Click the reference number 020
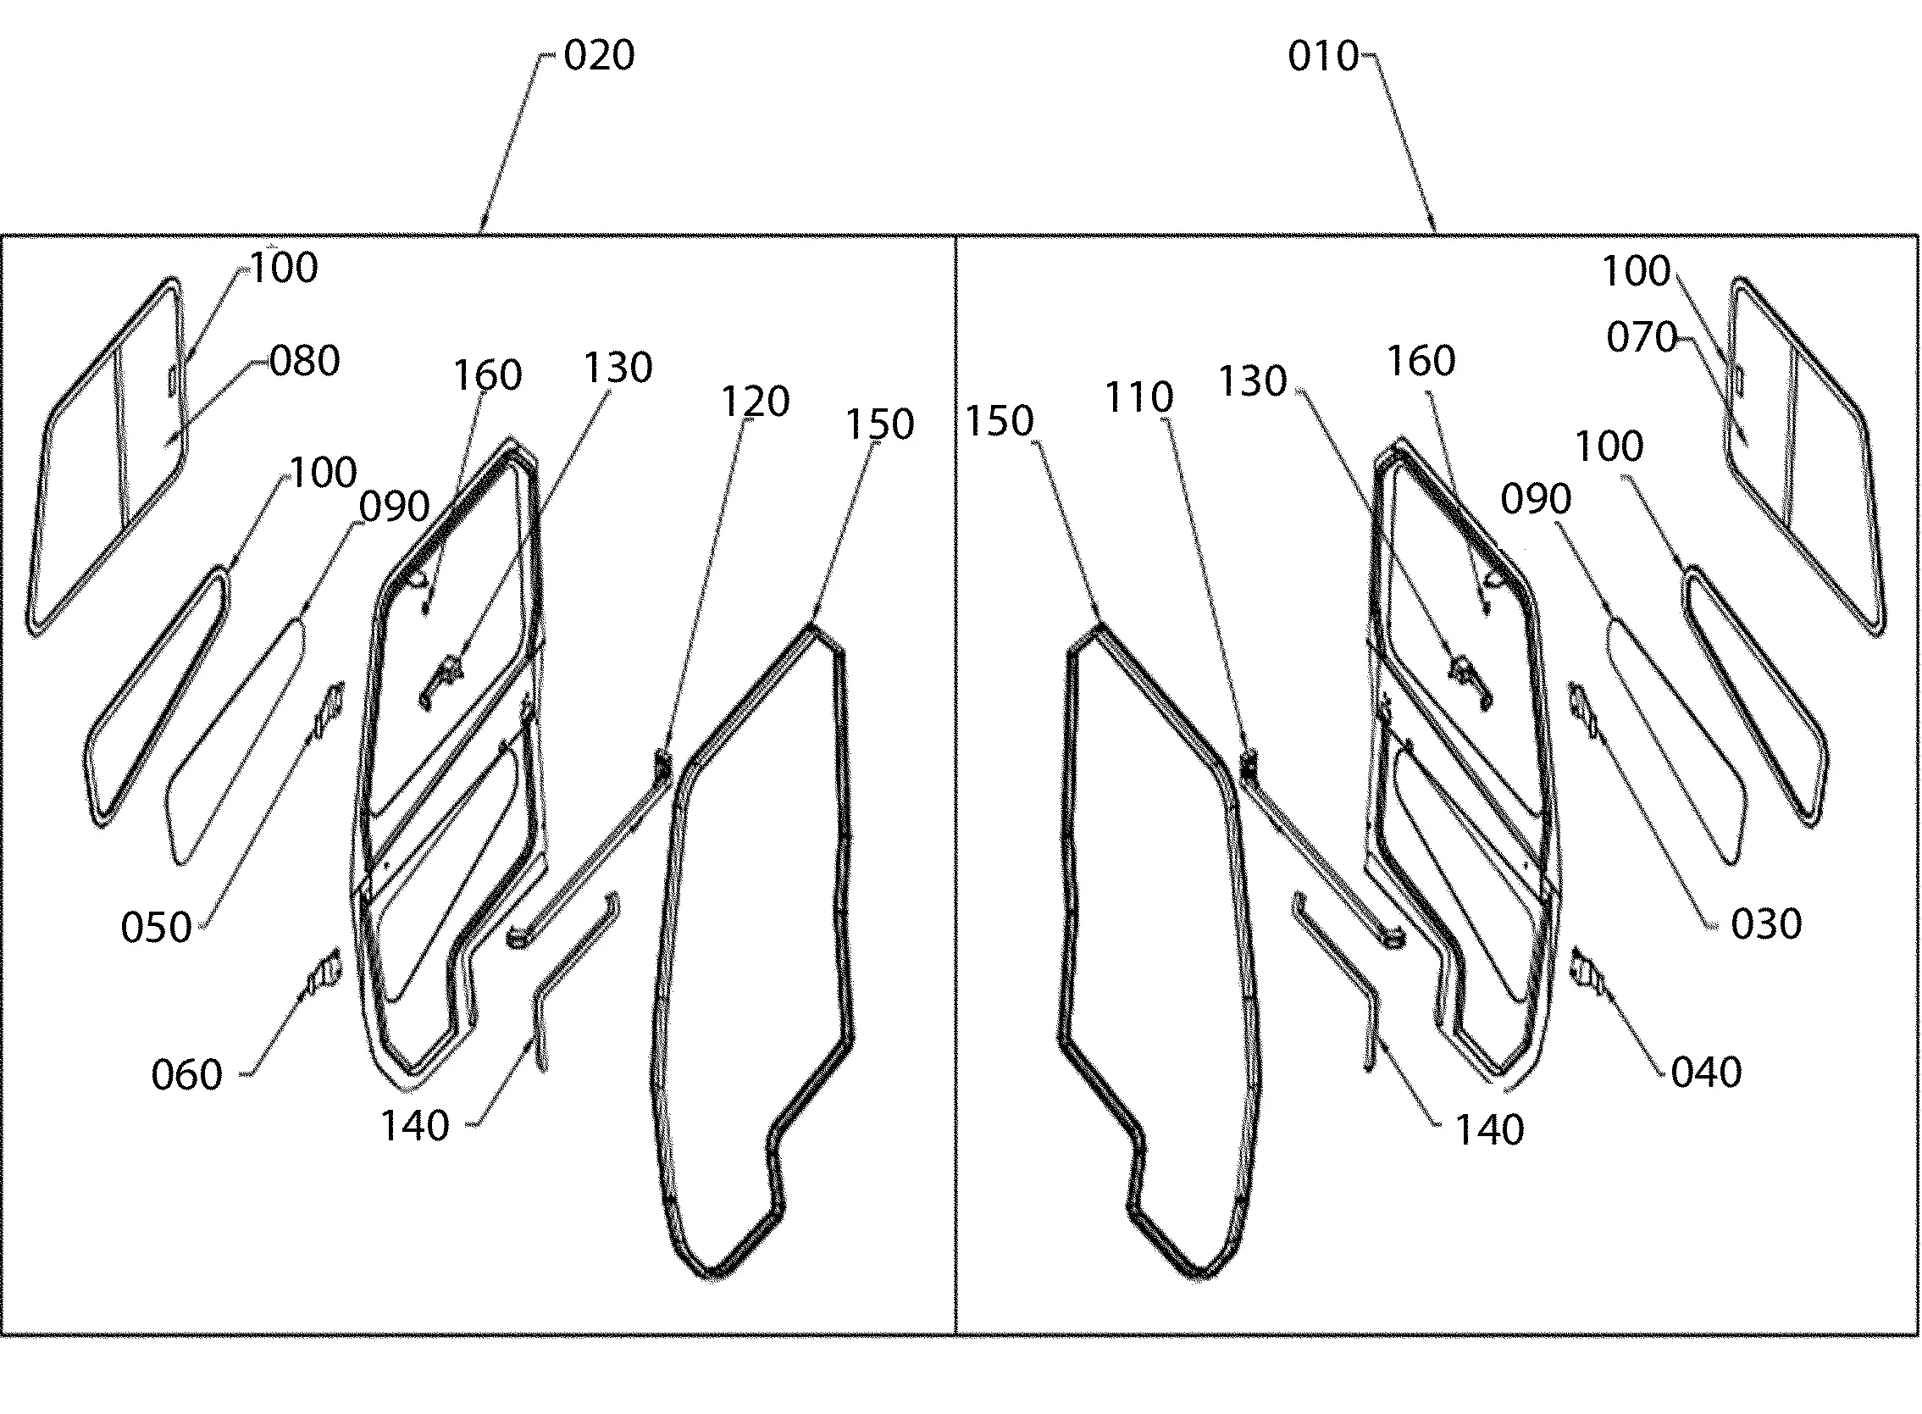[x=599, y=56]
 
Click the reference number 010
[x=1323, y=57]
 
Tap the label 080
[x=305, y=361]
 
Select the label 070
[x=1642, y=337]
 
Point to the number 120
[x=755, y=402]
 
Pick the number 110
[x=1139, y=397]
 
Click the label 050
[x=156, y=928]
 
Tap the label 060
[x=186, y=1074]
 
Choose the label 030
[x=1766, y=924]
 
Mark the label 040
[x=1706, y=1073]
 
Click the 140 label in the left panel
[x=414, y=1127]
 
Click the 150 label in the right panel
[x=1000, y=421]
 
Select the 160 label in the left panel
[x=487, y=376]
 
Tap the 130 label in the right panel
[x=1252, y=381]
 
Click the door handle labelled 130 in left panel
[x=442, y=682]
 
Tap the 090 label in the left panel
[x=394, y=507]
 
